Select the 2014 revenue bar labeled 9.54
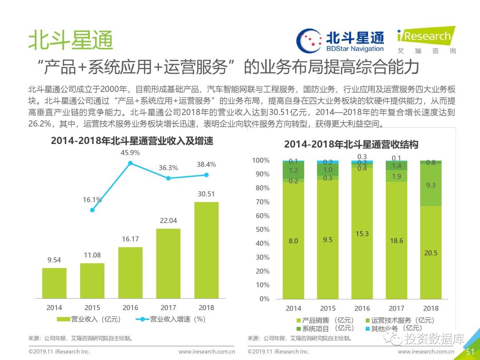[x=54, y=283]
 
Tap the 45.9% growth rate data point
[x=130, y=163]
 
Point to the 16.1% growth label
[x=92, y=200]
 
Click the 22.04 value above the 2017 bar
[x=168, y=221]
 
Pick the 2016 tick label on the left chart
[x=130, y=308]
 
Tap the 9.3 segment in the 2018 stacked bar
[x=431, y=185]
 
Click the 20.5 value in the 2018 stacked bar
[x=431, y=253]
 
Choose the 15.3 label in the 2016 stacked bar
[x=362, y=234]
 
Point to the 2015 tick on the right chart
[x=328, y=308]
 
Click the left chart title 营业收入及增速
[x=132, y=141]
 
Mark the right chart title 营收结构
[x=351, y=144]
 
